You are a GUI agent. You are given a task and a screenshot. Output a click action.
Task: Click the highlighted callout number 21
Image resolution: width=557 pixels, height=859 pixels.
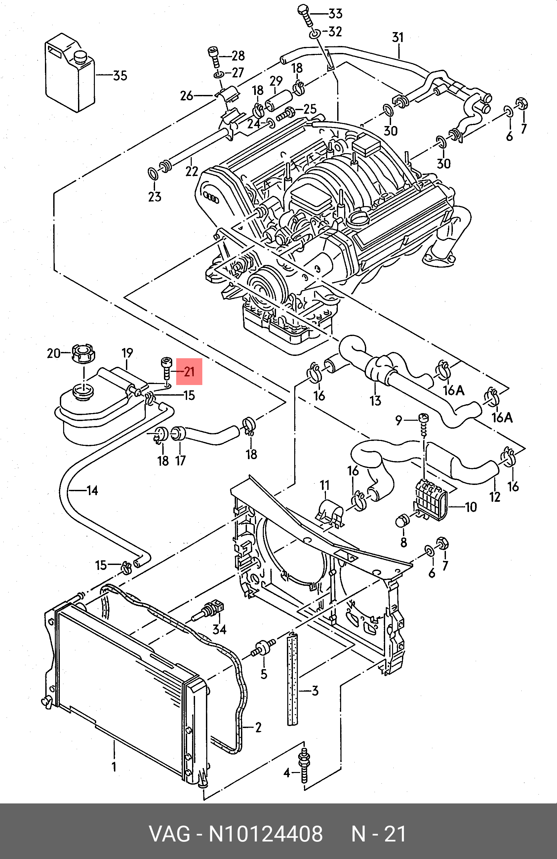[189, 372]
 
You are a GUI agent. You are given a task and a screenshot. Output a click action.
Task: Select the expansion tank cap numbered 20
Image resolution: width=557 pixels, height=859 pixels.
[84, 353]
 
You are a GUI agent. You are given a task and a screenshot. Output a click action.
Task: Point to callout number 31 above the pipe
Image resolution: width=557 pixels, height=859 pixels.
[398, 37]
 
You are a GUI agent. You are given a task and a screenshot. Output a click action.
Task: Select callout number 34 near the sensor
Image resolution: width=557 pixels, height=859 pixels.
[219, 629]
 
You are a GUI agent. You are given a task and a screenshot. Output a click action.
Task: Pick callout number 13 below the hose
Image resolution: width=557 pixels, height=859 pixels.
[375, 400]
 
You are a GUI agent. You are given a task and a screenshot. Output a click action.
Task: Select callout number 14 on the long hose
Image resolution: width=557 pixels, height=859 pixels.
[92, 490]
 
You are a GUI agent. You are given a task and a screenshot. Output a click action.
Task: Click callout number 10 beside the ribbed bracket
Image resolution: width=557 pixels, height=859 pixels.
[471, 507]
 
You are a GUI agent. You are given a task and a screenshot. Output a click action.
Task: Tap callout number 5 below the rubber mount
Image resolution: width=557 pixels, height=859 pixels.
[264, 674]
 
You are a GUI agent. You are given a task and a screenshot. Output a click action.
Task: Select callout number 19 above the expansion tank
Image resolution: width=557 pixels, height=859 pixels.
[127, 353]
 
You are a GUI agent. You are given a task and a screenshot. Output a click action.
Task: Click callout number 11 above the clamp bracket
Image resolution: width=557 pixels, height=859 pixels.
[325, 485]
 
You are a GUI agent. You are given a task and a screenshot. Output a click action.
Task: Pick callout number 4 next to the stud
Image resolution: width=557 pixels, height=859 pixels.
[287, 773]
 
